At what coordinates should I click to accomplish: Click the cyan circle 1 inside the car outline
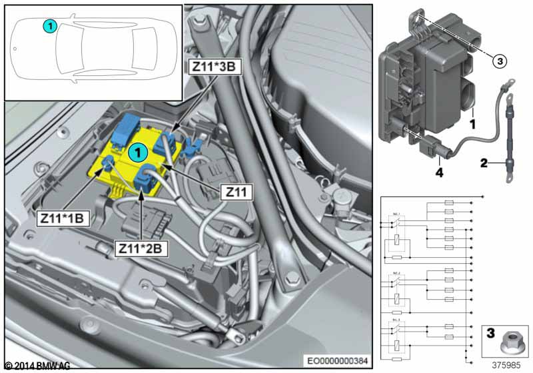[49, 25]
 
